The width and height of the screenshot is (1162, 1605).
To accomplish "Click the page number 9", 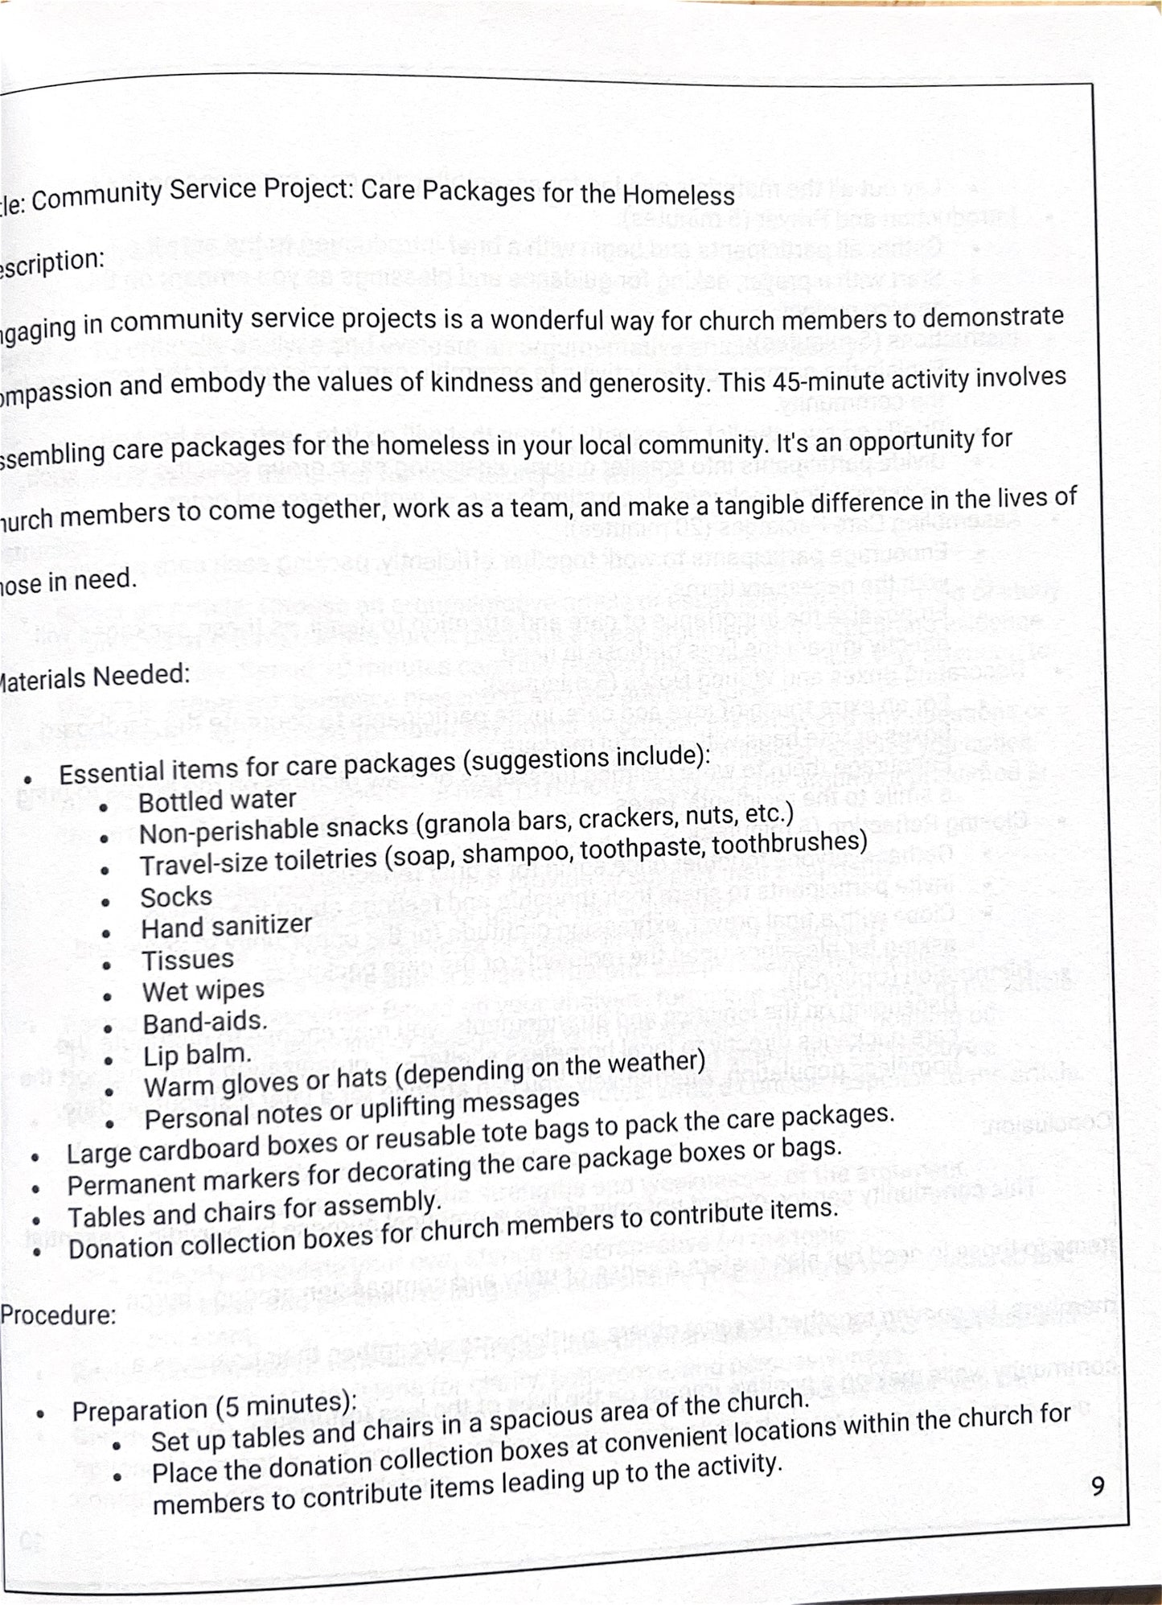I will [x=1098, y=1485].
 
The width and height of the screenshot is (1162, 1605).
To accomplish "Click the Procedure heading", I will [x=58, y=1315].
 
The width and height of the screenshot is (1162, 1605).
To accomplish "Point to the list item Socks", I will [x=176, y=896].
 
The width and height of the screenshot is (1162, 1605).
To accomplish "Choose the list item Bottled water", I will [x=217, y=800].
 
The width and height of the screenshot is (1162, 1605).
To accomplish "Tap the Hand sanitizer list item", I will [x=226, y=927].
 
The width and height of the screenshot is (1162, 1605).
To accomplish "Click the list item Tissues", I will [x=187, y=960].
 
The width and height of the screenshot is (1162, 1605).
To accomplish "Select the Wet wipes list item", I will [x=203, y=991].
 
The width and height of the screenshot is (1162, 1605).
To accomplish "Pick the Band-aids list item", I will [x=204, y=1023].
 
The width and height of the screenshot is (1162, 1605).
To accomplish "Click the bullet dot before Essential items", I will [x=28, y=779].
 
